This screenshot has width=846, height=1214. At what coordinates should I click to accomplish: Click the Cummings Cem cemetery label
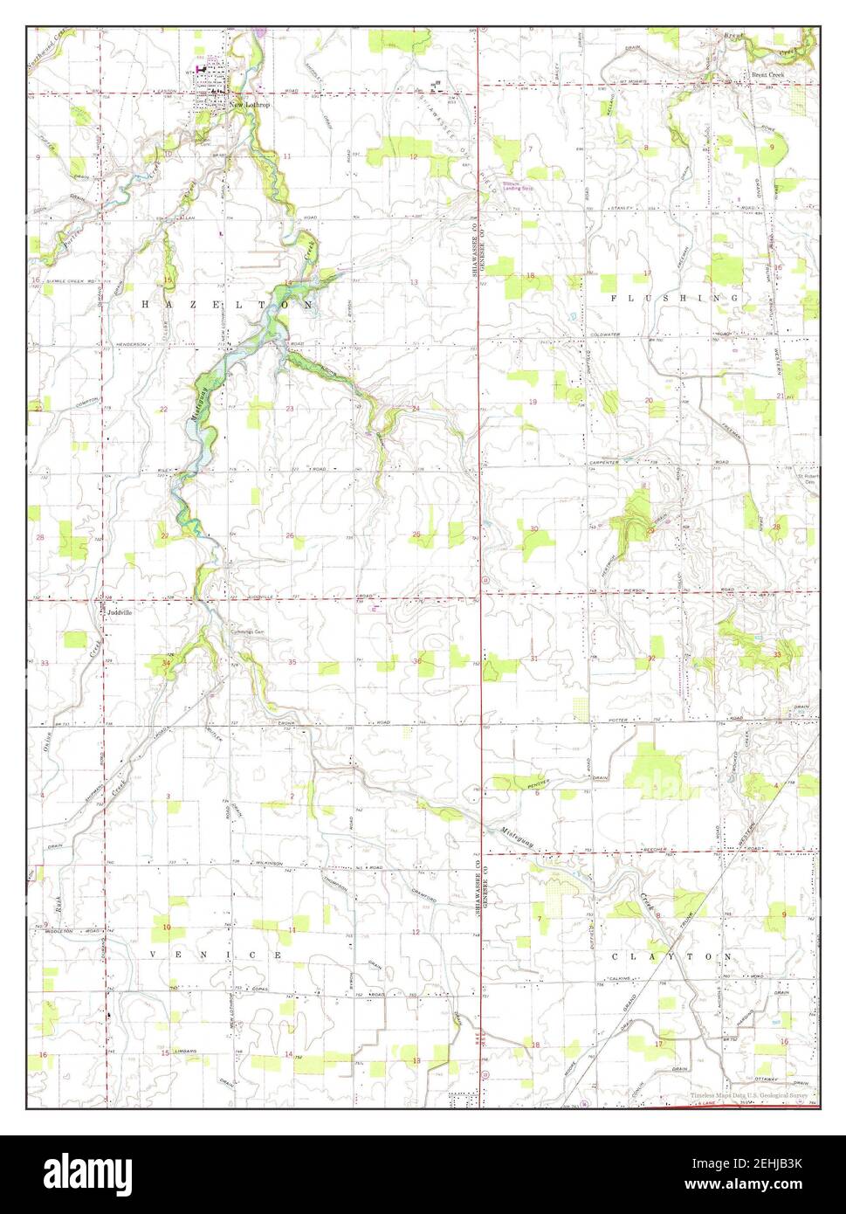tap(248, 631)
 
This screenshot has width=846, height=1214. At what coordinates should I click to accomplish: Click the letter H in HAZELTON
tap(146, 302)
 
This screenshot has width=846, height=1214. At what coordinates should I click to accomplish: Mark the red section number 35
tap(292, 663)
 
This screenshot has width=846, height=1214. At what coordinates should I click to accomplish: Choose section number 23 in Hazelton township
tap(288, 409)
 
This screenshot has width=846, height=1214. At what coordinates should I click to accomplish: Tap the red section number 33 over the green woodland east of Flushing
tap(776, 654)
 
